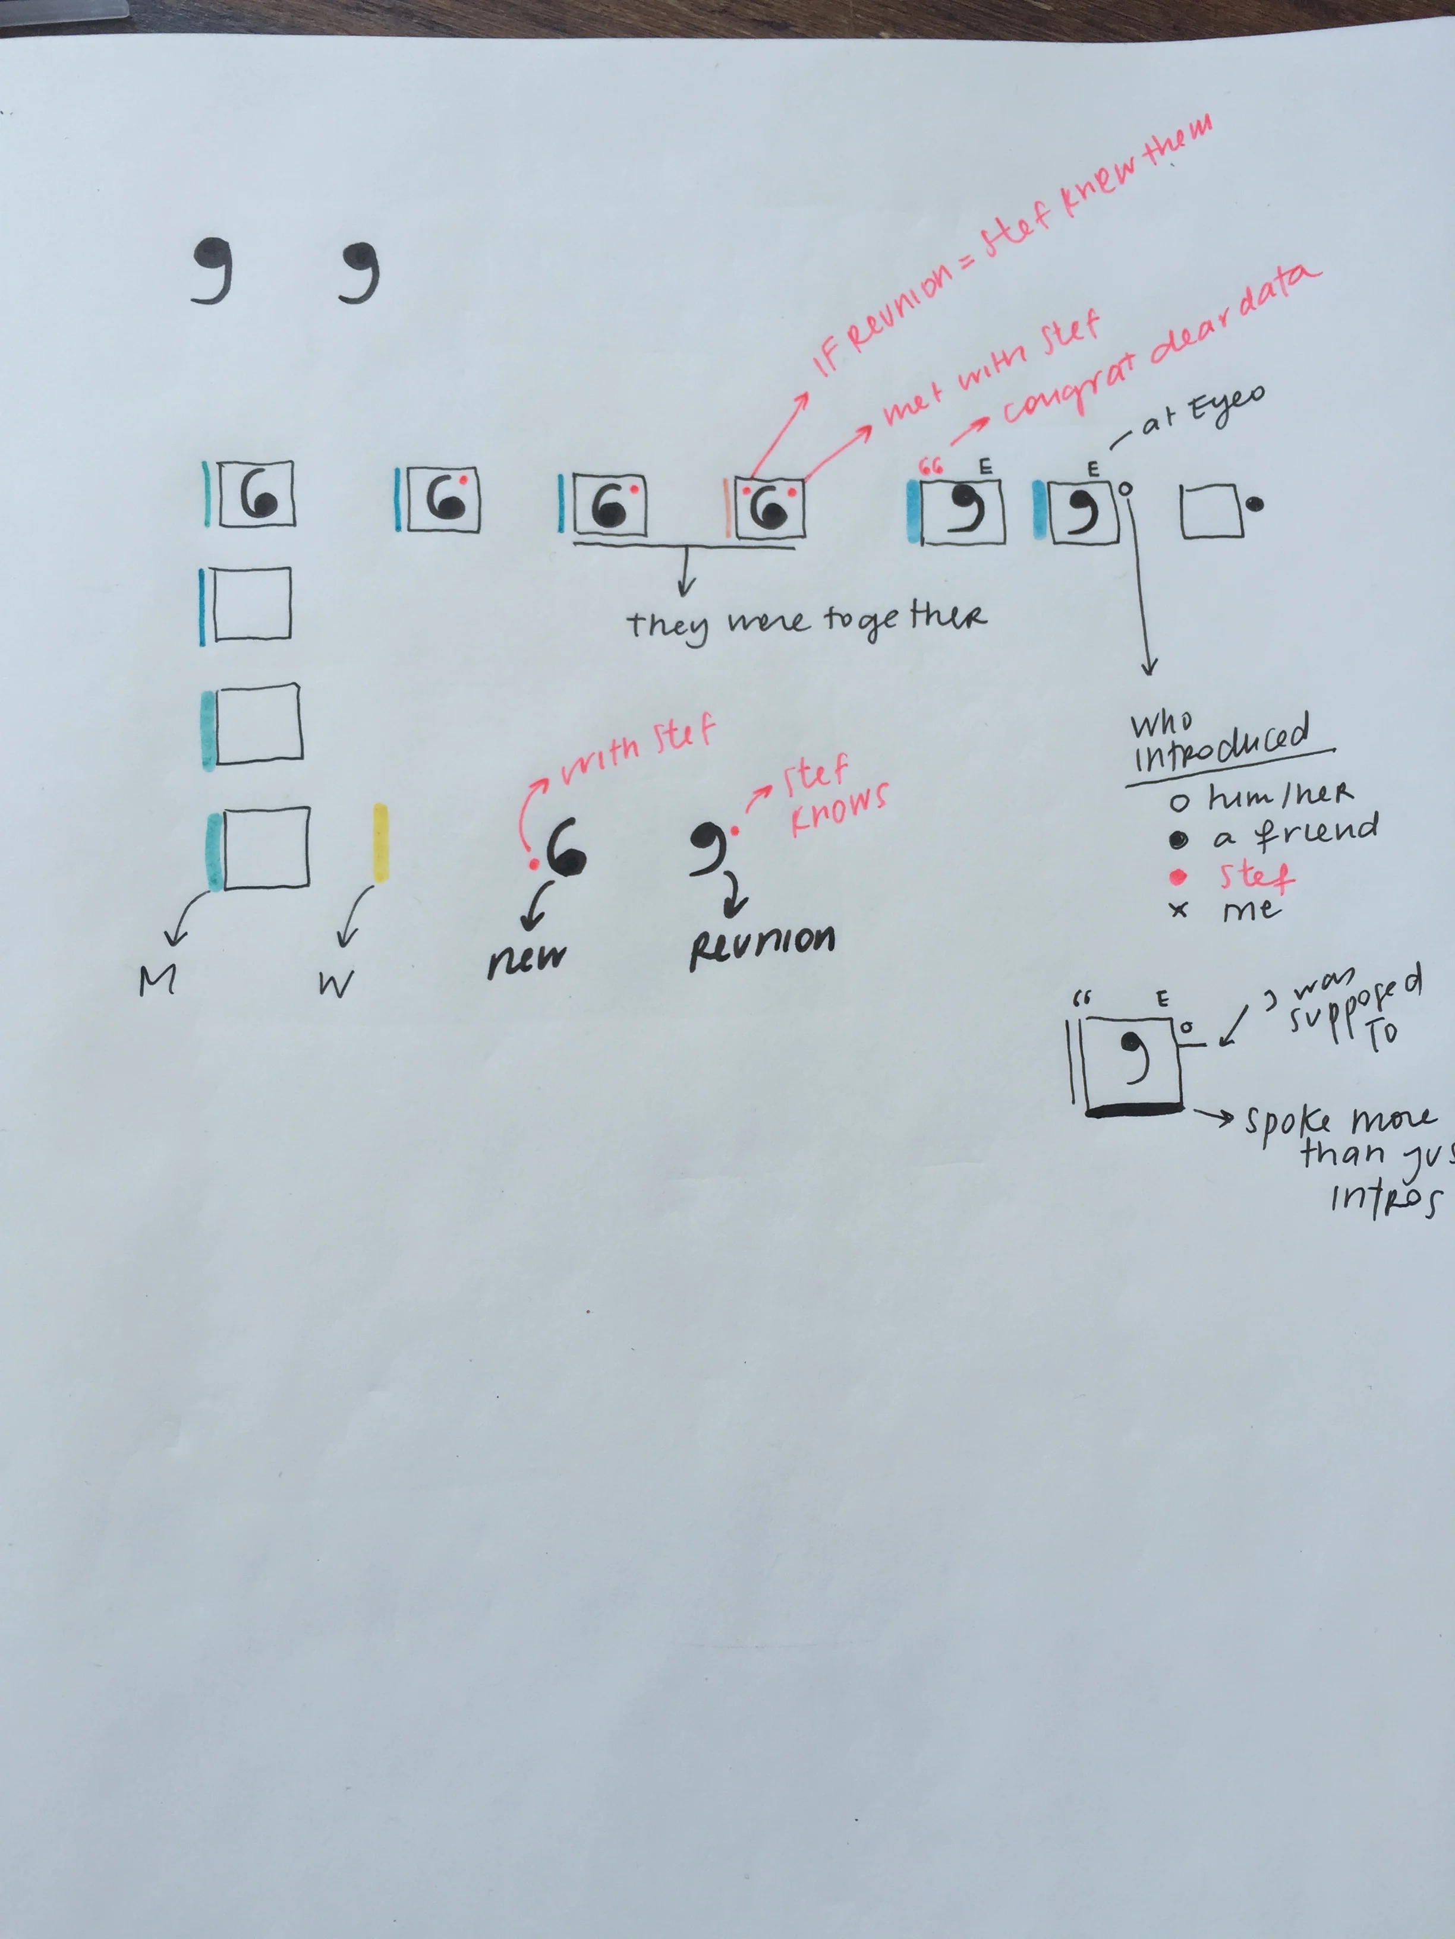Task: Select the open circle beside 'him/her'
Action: pyautogui.click(x=1180, y=802)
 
